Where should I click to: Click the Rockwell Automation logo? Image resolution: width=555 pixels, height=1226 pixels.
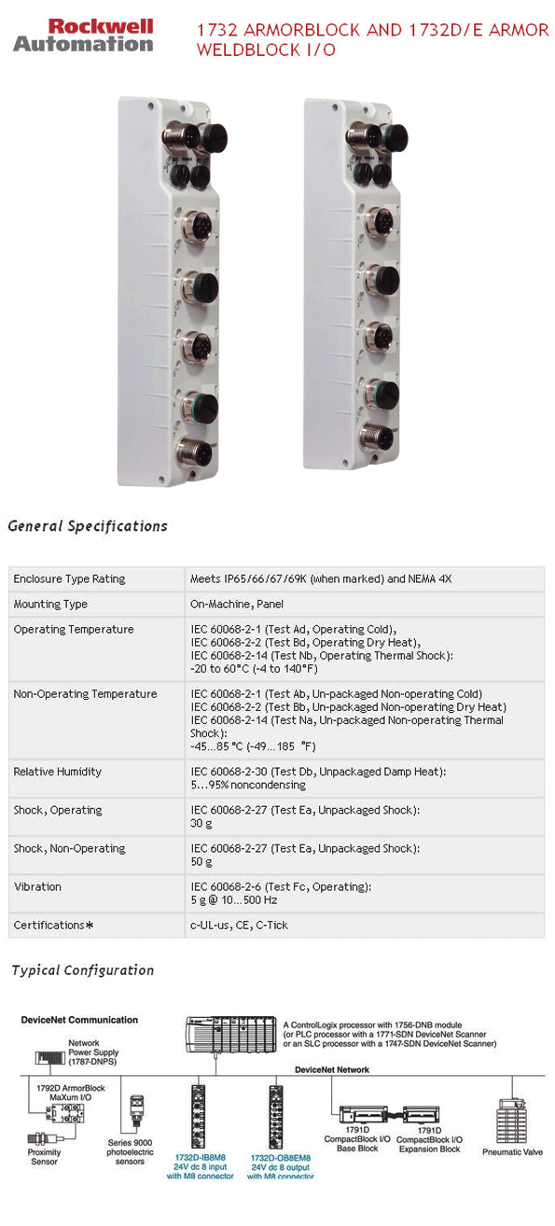(83, 35)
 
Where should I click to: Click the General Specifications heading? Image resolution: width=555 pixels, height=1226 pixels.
(88, 526)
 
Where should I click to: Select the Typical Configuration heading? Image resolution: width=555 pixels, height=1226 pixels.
(83, 970)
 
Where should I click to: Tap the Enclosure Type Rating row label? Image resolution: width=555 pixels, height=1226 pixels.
(69, 579)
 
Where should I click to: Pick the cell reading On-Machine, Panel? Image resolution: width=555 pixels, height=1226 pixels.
(237, 605)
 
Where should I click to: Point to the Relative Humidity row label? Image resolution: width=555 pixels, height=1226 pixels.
(58, 772)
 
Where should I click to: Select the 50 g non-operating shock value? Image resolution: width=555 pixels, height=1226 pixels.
(201, 861)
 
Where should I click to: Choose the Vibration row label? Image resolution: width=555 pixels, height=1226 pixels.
(37, 886)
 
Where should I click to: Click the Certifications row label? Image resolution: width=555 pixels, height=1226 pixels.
(53, 925)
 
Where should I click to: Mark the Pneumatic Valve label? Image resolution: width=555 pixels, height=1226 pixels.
(512, 1152)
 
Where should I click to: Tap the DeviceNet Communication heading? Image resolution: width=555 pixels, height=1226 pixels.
(79, 1020)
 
